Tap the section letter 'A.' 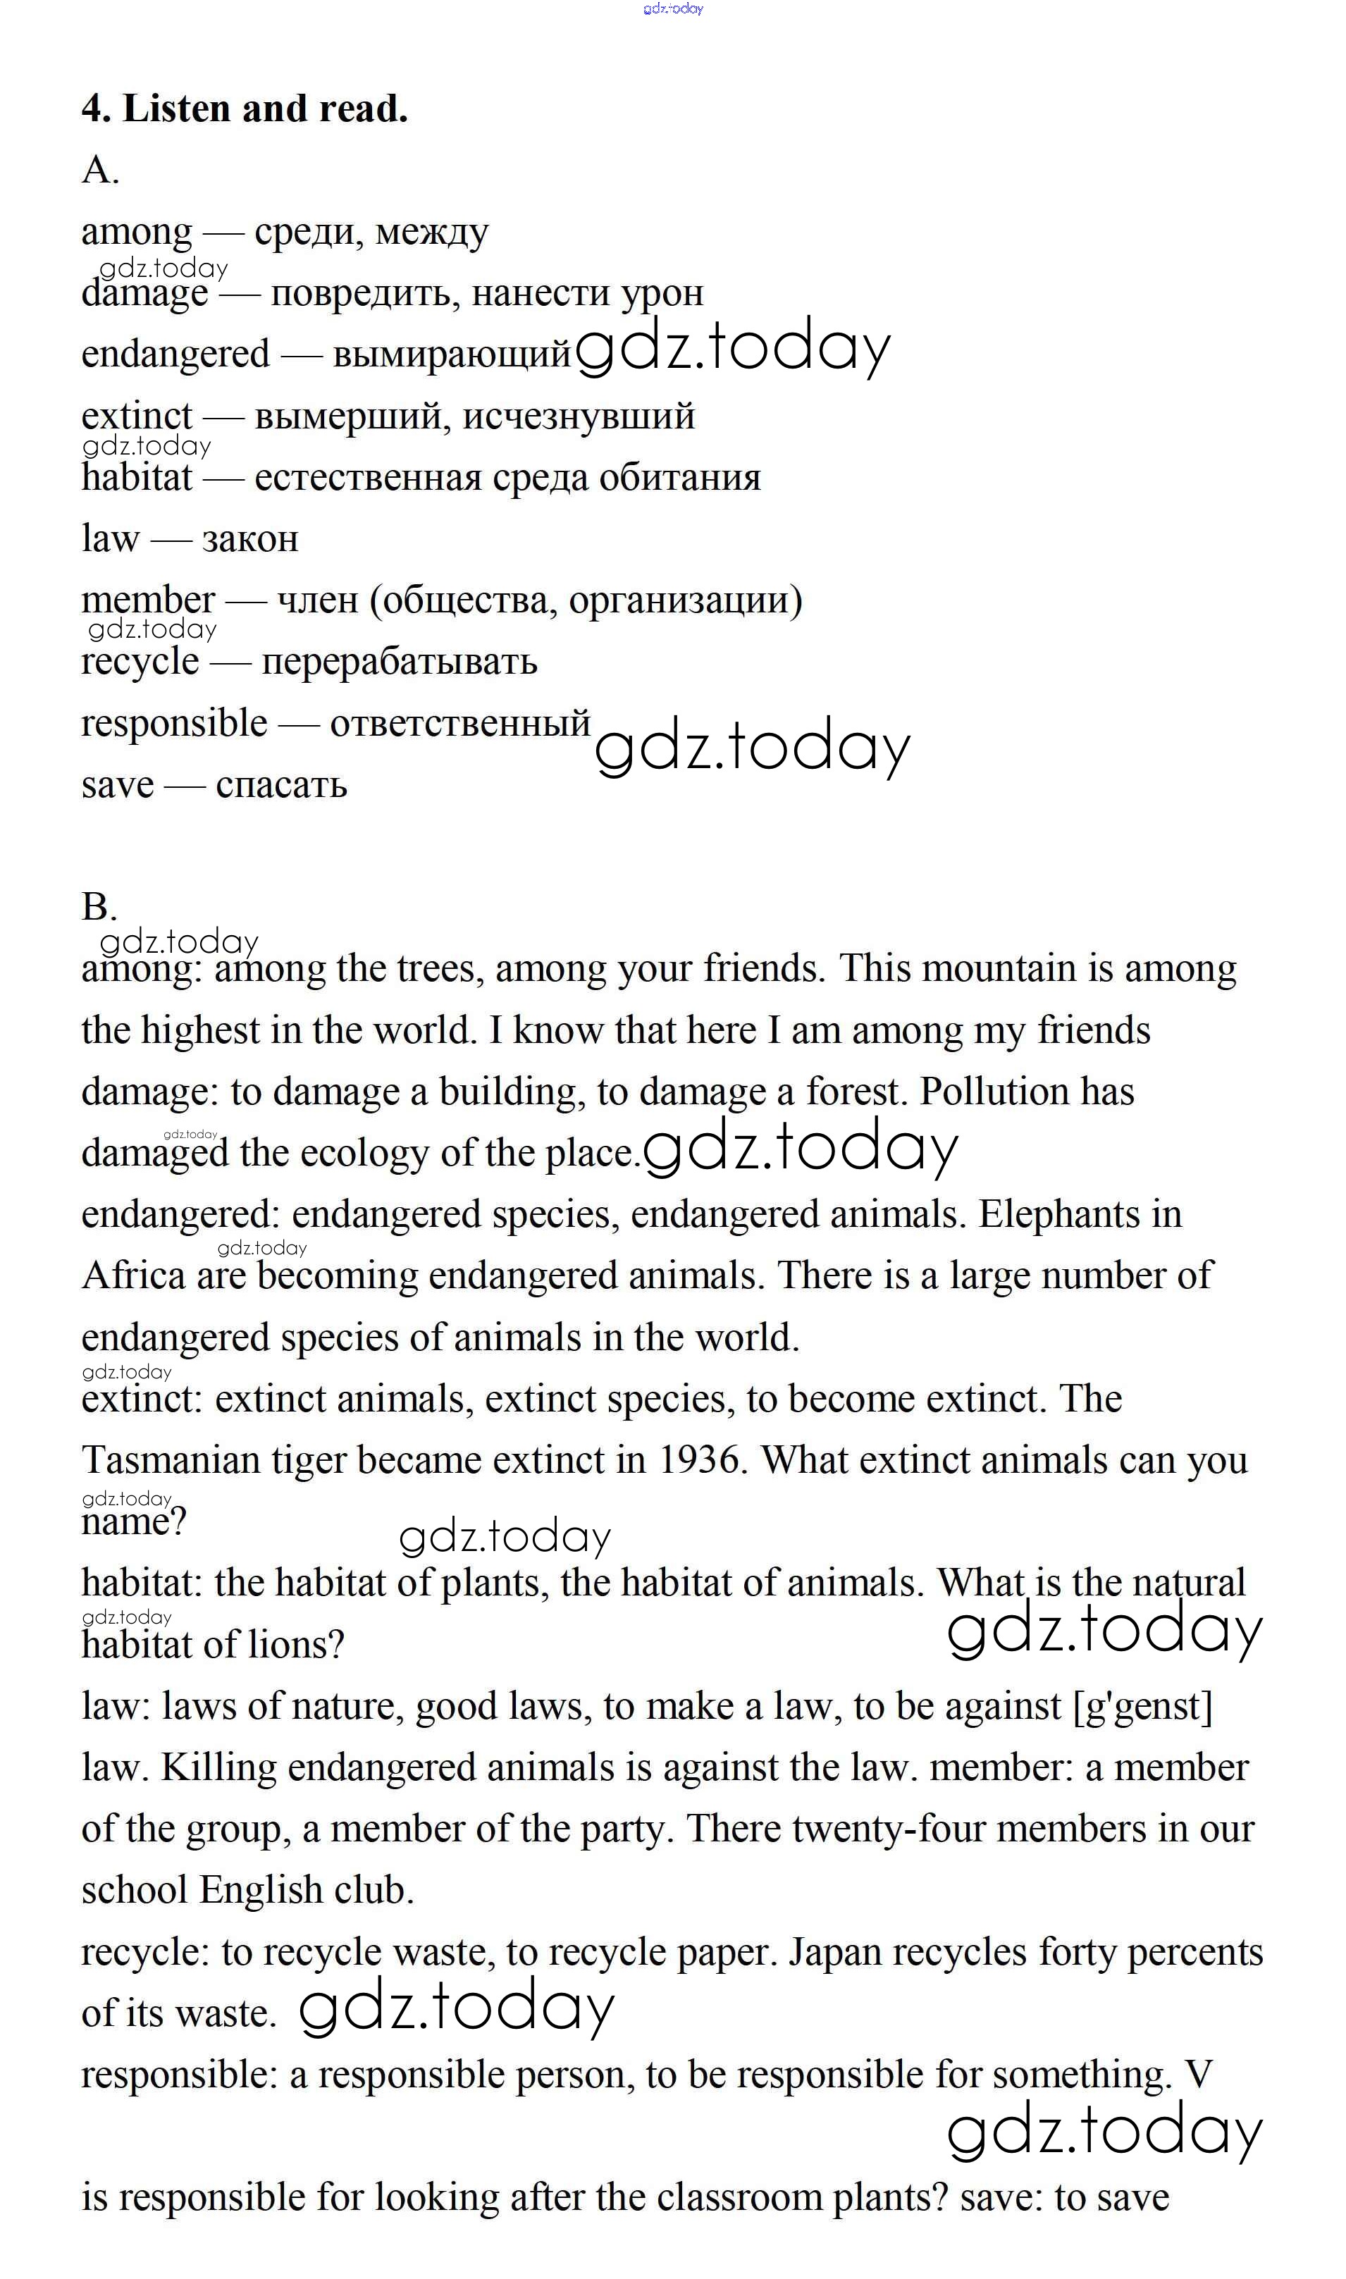(100, 170)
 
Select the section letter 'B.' (99, 906)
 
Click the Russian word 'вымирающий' (452, 354)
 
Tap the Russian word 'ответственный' (460, 724)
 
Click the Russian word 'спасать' (281, 784)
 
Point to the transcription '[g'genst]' (1143, 1706)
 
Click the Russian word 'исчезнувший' (579, 416)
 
